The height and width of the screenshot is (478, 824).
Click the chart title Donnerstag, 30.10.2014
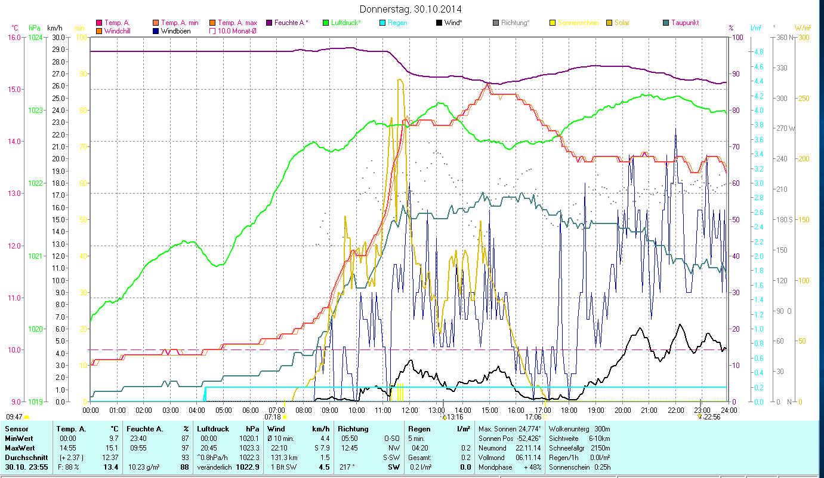411,9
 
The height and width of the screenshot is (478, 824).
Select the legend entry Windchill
118,30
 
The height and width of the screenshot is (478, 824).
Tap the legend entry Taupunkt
684,23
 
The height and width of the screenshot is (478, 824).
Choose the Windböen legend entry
175,30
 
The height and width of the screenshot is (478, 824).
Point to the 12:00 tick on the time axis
409,410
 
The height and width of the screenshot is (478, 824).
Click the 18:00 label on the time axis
569,410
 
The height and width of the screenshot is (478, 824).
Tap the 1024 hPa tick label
35,37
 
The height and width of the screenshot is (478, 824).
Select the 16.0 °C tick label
14,37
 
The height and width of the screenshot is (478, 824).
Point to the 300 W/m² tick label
804,37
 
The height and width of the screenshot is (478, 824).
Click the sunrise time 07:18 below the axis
273,417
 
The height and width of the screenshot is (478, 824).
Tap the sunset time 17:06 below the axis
533,417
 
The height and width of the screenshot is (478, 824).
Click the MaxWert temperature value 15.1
112,448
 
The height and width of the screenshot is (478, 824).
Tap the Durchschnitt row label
22,457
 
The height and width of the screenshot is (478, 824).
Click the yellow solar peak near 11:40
399,79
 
